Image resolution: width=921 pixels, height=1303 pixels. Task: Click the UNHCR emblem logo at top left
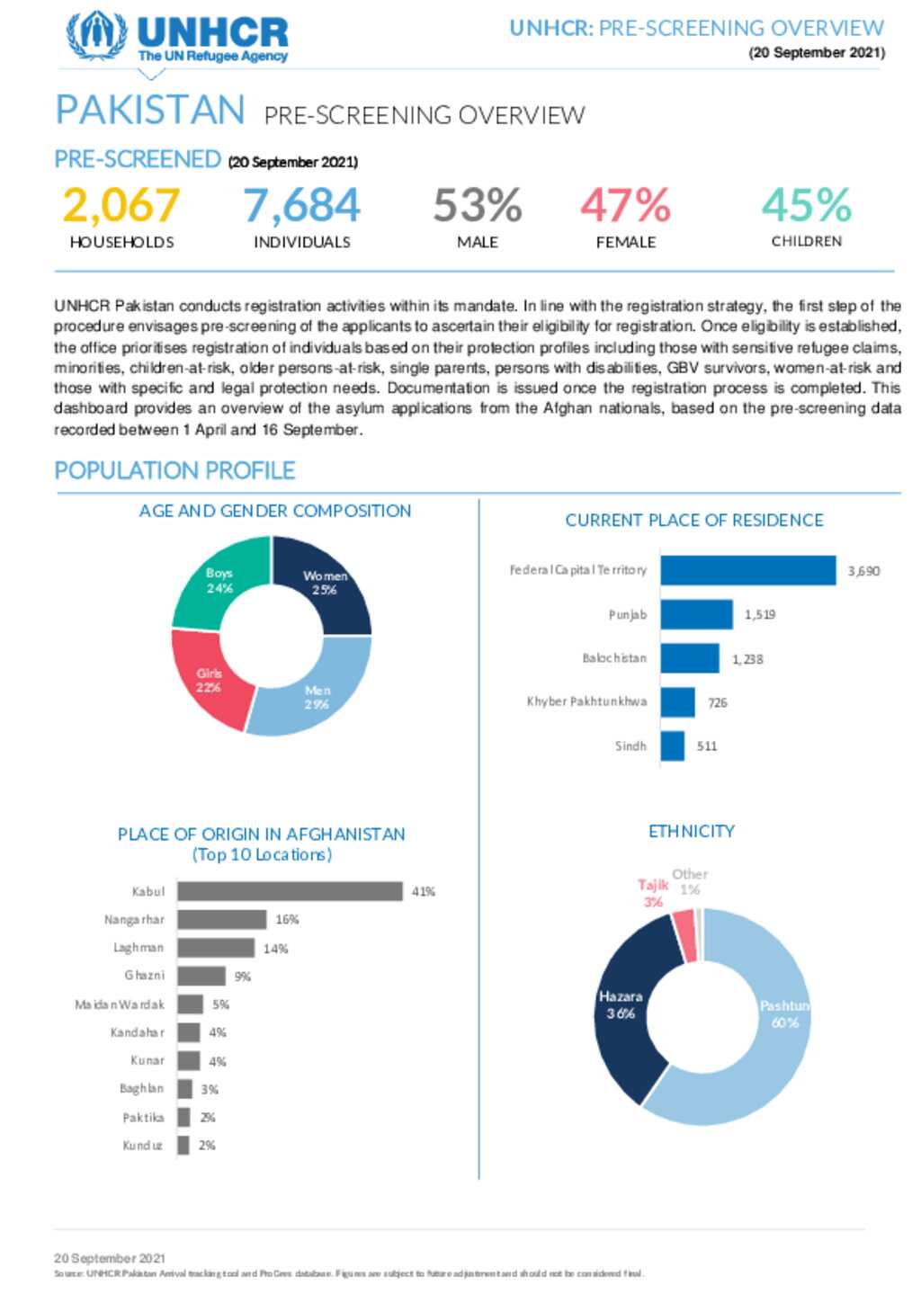(96, 36)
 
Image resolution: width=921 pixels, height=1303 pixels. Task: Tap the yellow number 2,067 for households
(121, 205)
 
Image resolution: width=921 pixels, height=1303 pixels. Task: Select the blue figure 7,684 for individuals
(301, 205)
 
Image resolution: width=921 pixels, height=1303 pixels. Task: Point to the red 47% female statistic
(625, 205)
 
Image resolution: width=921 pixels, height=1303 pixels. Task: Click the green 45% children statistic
(806, 205)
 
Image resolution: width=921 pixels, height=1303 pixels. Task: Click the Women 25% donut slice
(325, 583)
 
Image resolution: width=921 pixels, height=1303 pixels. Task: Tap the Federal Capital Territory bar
(747, 571)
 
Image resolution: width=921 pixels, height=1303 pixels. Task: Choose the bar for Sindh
(672, 746)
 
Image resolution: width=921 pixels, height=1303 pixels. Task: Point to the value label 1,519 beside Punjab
(759, 615)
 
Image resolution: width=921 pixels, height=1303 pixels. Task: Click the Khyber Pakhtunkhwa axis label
(586, 701)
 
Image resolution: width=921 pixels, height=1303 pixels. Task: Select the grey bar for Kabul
(290, 891)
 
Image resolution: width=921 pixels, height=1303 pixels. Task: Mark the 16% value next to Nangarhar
(287, 920)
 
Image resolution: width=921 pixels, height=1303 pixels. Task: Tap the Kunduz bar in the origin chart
(183, 1146)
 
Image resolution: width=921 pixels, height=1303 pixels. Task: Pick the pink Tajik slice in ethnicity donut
(684, 935)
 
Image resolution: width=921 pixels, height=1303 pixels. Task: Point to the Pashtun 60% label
(784, 1014)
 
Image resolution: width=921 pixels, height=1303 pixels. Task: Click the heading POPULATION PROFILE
(174, 470)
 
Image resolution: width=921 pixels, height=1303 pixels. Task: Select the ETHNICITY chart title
(691, 832)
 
